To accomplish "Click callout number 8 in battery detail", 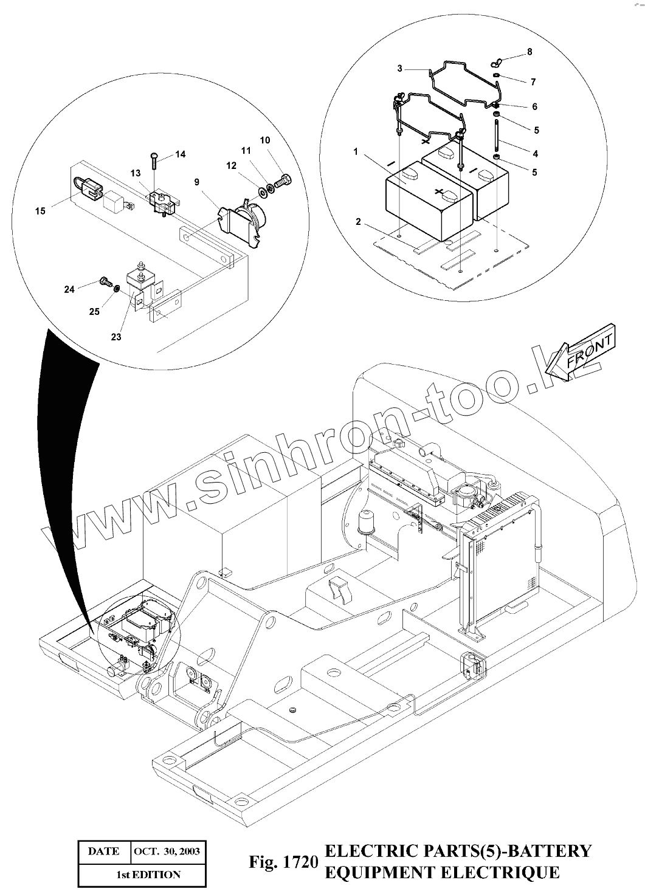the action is click(x=529, y=52).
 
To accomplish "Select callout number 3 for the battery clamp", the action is click(x=399, y=69).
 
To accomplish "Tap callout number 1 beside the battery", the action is click(x=356, y=151).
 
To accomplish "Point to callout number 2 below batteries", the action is click(x=359, y=222).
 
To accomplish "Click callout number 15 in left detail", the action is click(x=40, y=211).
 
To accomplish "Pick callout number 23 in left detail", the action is click(x=116, y=337).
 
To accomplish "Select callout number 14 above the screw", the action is click(x=181, y=154).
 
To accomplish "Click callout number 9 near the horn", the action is click(x=197, y=181).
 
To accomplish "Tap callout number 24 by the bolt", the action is click(x=70, y=289).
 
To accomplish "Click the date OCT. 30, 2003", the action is click(x=166, y=851).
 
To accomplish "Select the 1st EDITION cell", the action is click(x=148, y=875).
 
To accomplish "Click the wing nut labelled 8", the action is click(x=495, y=61).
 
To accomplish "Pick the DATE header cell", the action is click(x=104, y=851).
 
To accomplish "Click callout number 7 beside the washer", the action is click(x=533, y=81).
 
